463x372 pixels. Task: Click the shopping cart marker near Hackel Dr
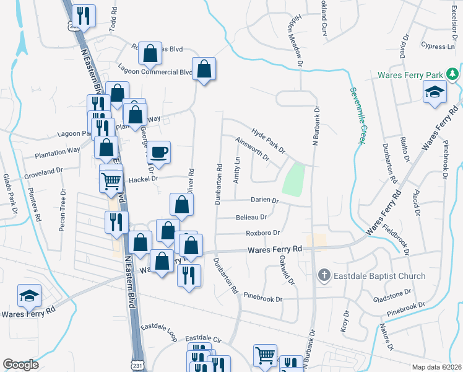click(111, 181)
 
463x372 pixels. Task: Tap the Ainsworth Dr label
click(253, 148)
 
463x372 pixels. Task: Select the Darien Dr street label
click(265, 201)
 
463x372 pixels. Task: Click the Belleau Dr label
click(251, 217)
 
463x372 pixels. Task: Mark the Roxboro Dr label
click(263, 233)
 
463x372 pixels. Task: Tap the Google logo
click(20, 365)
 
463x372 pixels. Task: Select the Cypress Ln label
click(437, 46)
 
